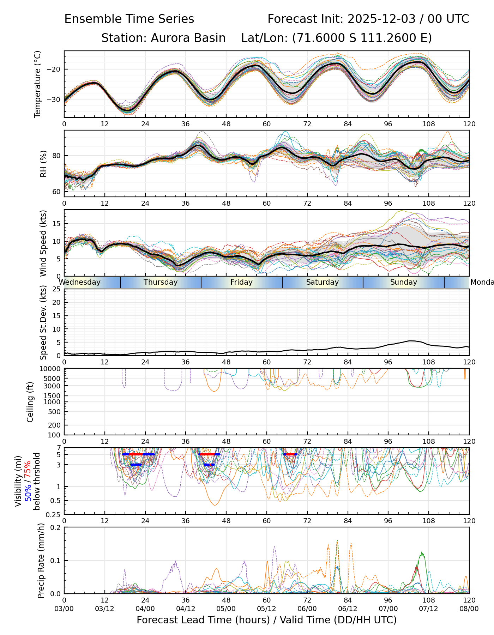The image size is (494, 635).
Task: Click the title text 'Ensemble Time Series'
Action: (x=129, y=19)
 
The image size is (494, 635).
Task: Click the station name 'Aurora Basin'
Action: (x=188, y=38)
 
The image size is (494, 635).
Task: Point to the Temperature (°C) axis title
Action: (x=38, y=84)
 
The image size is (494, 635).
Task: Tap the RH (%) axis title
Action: (x=43, y=164)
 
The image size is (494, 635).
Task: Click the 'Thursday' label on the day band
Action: (x=161, y=282)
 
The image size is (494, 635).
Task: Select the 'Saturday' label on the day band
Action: (x=322, y=282)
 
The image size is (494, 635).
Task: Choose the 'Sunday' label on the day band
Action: (x=403, y=282)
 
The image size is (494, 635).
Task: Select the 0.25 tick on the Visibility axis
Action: (x=54, y=514)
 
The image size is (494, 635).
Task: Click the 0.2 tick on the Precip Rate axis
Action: (x=55, y=527)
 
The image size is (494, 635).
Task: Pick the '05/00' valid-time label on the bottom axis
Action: (x=226, y=609)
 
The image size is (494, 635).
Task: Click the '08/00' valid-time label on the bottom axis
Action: (x=469, y=609)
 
